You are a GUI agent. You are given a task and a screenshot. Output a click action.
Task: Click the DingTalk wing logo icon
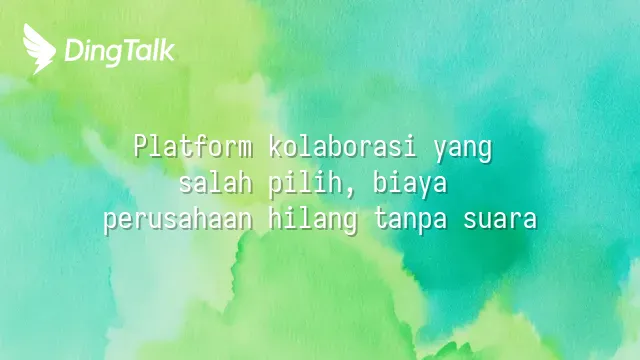tap(39, 49)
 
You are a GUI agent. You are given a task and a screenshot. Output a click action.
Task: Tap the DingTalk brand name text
tap(120, 52)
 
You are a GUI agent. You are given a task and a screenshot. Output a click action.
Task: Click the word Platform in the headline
tap(193, 146)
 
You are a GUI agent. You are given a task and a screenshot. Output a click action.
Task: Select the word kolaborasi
tap(342, 146)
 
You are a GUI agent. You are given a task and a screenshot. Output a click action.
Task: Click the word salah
tap(216, 182)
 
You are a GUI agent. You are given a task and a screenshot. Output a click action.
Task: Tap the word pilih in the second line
tap(305, 184)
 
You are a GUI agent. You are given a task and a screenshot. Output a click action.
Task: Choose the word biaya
tap(409, 184)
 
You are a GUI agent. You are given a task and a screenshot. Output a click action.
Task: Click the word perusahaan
tap(178, 221)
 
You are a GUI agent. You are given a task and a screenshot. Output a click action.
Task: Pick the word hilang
tap(313, 221)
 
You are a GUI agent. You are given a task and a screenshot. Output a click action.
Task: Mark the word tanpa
tap(410, 221)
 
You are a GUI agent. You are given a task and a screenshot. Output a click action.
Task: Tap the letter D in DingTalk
tap(74, 50)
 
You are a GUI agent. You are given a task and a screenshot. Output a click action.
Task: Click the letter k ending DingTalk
tap(167, 50)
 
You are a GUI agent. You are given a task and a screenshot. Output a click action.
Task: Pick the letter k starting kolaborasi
tap(276, 146)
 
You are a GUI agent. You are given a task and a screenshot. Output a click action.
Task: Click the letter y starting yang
tap(440, 151)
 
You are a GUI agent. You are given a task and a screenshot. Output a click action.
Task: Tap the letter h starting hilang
tap(276, 218)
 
